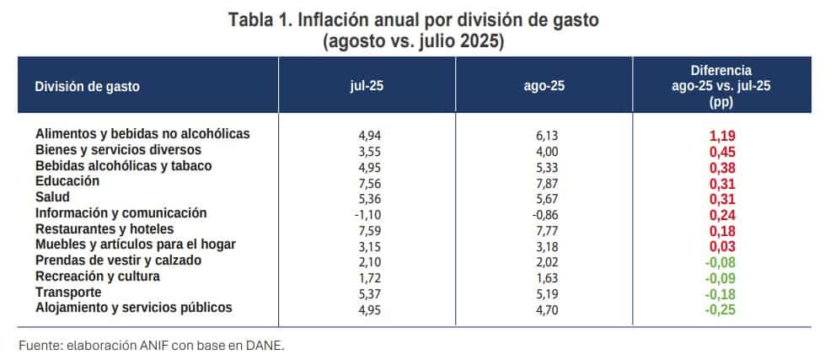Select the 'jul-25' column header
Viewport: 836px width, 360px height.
point(367,85)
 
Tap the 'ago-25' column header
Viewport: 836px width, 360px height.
point(544,85)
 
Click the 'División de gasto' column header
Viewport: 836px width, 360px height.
point(88,86)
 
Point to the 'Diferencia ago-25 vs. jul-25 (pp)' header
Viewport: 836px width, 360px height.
point(721,86)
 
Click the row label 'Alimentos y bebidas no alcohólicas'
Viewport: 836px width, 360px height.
point(143,134)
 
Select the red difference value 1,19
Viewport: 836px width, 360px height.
point(721,135)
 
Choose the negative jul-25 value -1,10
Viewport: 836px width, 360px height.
point(369,214)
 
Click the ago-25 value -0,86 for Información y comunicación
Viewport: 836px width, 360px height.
point(545,214)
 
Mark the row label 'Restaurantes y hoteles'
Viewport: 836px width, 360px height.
point(104,228)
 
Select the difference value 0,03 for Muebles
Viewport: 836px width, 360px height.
point(721,245)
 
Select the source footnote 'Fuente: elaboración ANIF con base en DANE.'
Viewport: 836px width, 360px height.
point(152,345)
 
